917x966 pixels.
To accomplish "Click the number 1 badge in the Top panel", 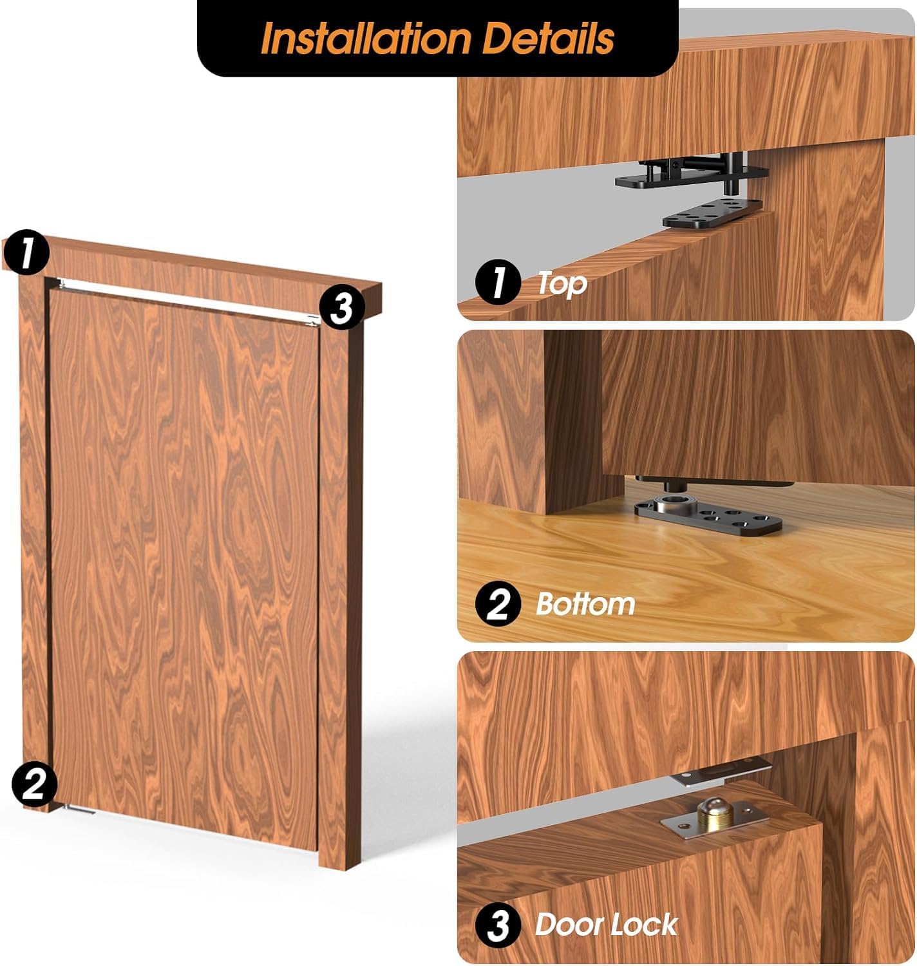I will (497, 283).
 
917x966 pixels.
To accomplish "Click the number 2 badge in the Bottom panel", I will (497, 605).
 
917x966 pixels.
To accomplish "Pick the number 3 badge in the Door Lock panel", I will (497, 926).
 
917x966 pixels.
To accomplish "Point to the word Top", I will (562, 283).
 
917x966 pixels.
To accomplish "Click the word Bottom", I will (585, 604).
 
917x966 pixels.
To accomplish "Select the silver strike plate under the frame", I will (718, 772).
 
